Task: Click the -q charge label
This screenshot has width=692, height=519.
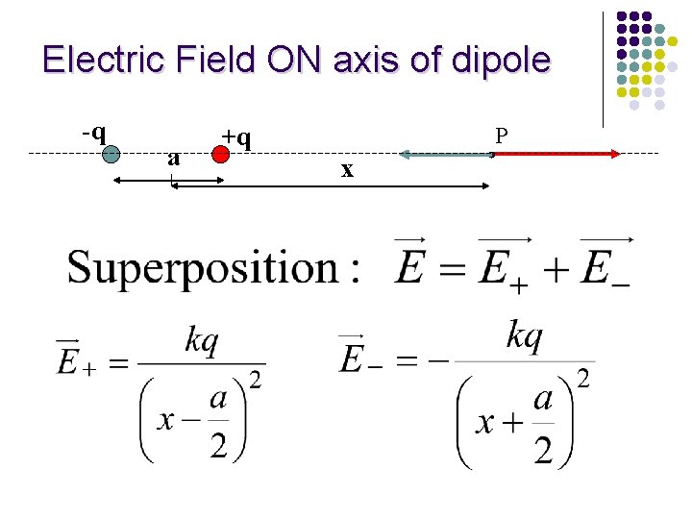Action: coord(93,131)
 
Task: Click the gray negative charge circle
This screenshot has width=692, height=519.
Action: coord(111,154)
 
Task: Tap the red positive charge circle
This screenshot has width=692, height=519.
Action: coord(220,155)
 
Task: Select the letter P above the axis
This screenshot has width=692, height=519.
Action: coord(501,136)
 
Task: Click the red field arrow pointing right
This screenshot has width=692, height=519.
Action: coord(557,153)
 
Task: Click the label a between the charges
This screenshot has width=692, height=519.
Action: coord(173,158)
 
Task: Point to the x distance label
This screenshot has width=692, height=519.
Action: coord(348,170)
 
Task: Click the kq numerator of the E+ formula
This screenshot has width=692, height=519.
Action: coord(202,340)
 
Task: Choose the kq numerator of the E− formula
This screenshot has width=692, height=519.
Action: coord(525,336)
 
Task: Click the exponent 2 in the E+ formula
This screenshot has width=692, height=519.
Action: coord(255,380)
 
